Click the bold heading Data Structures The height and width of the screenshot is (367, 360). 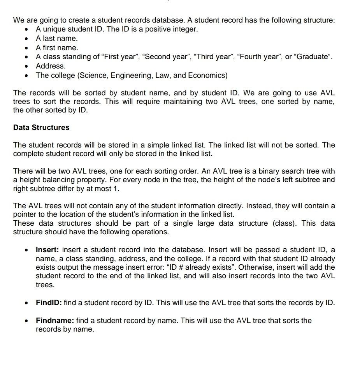click(x=41, y=128)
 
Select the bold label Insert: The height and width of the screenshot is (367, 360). click(x=48, y=249)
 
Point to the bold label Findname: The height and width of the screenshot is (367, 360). click(x=55, y=321)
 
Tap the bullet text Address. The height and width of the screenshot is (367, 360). click(x=51, y=66)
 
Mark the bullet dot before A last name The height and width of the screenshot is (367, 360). click(x=25, y=39)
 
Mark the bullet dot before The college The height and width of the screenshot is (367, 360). click(x=25, y=76)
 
